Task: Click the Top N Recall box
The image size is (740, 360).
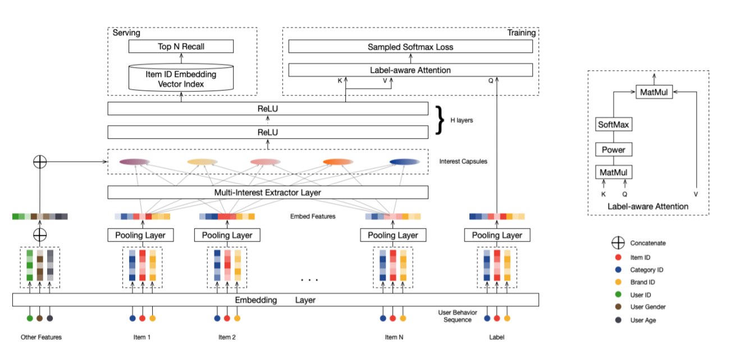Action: [181, 46]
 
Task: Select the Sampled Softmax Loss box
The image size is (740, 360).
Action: [410, 47]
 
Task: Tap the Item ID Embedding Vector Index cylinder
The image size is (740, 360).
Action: [181, 78]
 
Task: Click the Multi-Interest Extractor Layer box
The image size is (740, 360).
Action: [268, 193]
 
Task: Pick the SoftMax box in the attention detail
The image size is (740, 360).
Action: [614, 124]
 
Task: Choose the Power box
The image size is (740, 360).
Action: [614, 149]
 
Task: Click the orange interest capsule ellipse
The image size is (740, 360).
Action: [338, 162]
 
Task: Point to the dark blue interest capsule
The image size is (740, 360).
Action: [405, 162]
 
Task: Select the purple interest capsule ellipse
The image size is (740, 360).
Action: [134, 162]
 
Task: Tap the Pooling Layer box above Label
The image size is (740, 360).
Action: [497, 235]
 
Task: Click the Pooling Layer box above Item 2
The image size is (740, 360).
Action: [227, 235]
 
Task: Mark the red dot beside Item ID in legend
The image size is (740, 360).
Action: [618, 257]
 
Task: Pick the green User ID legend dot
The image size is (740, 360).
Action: [618, 294]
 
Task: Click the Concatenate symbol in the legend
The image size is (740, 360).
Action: [618, 243]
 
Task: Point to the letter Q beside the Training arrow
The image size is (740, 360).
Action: [491, 81]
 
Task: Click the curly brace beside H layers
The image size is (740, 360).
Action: [440, 120]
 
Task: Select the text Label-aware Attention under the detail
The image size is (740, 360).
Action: [648, 206]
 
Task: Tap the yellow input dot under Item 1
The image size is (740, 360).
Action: [152, 318]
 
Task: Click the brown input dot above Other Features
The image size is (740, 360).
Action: [40, 318]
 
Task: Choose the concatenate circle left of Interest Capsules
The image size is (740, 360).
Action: [40, 162]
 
